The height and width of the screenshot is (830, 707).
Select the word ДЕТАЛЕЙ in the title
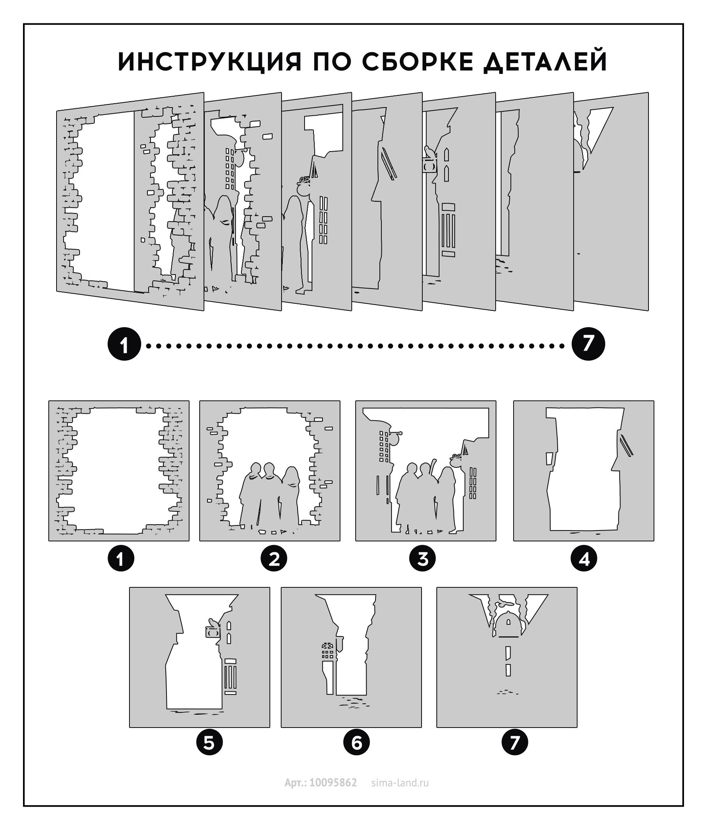coord(546,62)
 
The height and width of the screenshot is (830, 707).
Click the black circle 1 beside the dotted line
coord(124,344)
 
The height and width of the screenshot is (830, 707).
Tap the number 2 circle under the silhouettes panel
coord(274,559)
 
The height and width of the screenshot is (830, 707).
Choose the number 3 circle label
coord(422,559)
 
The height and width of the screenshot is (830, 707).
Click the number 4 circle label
coord(584,559)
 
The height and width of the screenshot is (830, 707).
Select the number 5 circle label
coord(209,743)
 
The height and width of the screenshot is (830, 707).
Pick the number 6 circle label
coord(357,743)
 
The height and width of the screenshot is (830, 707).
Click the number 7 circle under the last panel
coord(515,743)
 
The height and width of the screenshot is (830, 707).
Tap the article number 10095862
coord(333,783)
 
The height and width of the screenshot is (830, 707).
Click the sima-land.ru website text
coord(400,783)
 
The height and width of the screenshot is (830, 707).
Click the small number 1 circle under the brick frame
coord(120,559)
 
